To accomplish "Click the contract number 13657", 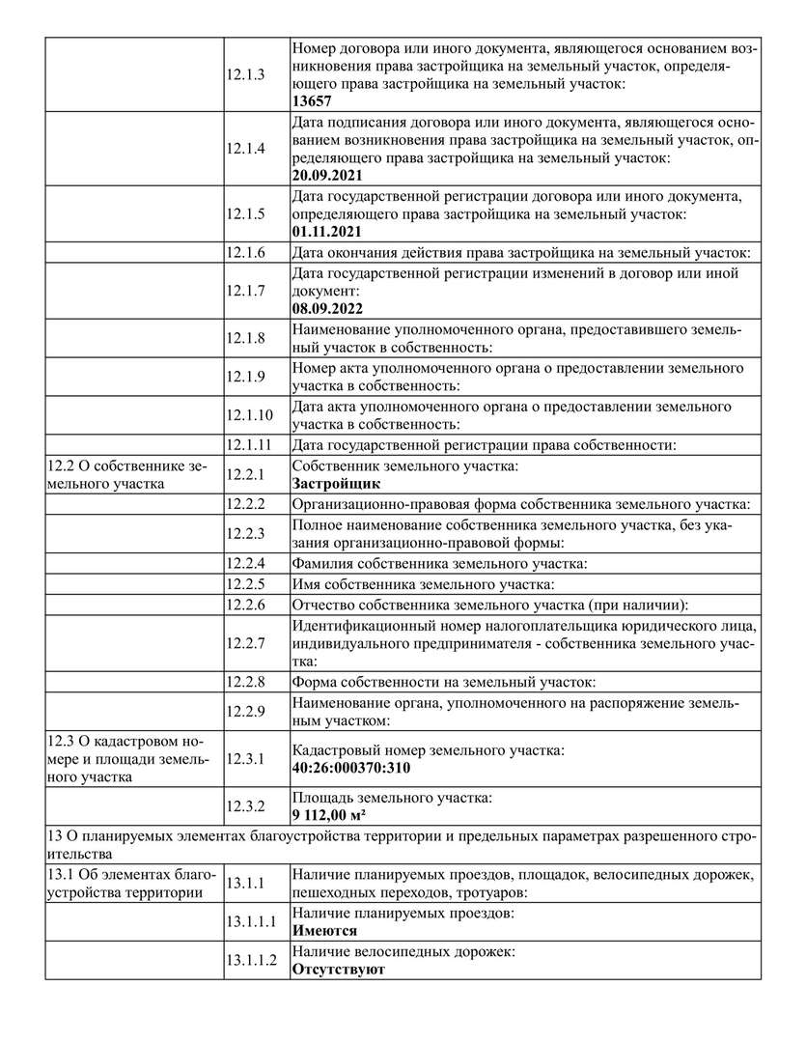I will [312, 100].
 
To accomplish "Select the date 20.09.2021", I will [328, 176].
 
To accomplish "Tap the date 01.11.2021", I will [328, 233].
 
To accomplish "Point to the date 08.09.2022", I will [328, 309].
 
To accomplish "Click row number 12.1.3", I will [246, 73].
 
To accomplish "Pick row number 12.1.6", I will [246, 253].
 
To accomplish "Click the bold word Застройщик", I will [336, 484].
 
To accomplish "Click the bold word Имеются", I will [324, 931].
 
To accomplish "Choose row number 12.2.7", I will [246, 642].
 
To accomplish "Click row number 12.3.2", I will [246, 806].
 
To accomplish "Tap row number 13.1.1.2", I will [252, 960].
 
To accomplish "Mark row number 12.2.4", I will [246, 563].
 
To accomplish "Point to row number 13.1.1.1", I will [252, 922].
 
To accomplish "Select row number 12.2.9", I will [246, 712].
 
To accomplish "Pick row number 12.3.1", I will [246, 759].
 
